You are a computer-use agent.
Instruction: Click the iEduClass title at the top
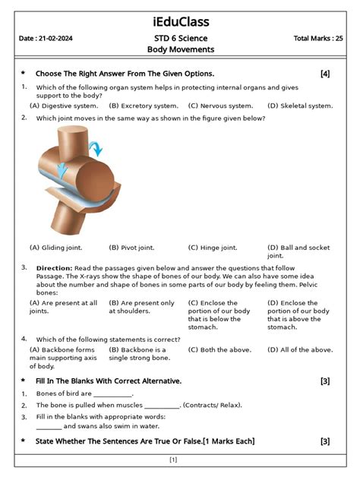tap(180, 21)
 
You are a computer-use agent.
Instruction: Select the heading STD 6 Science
tap(180, 38)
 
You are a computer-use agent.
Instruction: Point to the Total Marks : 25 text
tap(318, 38)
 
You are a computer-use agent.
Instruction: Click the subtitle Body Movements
tap(180, 50)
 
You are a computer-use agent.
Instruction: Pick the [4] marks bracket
tap(325, 74)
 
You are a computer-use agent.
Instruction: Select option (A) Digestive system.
tap(63, 106)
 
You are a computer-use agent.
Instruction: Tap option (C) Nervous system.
tap(220, 106)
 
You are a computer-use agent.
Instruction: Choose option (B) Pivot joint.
tap(131, 248)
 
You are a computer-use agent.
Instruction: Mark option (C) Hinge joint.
tap(213, 248)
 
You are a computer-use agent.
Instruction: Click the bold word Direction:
tap(54, 268)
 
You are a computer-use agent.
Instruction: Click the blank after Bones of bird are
tap(112, 394)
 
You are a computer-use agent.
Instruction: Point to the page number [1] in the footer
tap(173, 459)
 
